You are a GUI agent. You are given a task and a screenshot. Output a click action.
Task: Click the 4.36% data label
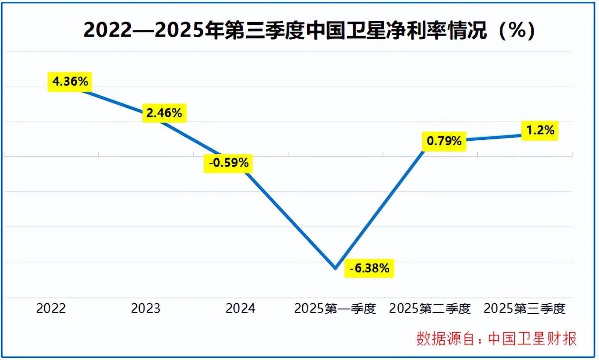click(x=70, y=82)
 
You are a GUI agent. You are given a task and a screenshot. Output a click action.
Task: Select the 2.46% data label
click(x=164, y=113)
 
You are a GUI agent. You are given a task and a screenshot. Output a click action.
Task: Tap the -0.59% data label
click(x=228, y=163)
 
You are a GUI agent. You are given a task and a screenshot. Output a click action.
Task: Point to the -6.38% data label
click(x=369, y=268)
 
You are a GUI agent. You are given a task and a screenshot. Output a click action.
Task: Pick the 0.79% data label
click(x=444, y=141)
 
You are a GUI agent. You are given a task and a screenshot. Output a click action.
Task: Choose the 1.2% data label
click(x=539, y=130)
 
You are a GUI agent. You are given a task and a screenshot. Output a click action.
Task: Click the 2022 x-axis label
click(x=51, y=309)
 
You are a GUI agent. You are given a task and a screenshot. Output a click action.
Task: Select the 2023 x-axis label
click(x=146, y=309)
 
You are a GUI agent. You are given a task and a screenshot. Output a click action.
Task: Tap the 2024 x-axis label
click(x=240, y=309)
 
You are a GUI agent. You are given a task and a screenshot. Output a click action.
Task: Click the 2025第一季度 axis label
click(x=335, y=309)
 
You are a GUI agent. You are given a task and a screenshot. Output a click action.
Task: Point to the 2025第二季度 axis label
click(x=430, y=309)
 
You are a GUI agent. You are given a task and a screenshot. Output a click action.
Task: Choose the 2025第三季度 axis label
click(x=525, y=309)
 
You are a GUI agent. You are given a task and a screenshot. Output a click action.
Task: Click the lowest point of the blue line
click(x=335, y=268)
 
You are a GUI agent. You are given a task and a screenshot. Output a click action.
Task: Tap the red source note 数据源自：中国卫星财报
click(x=496, y=338)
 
